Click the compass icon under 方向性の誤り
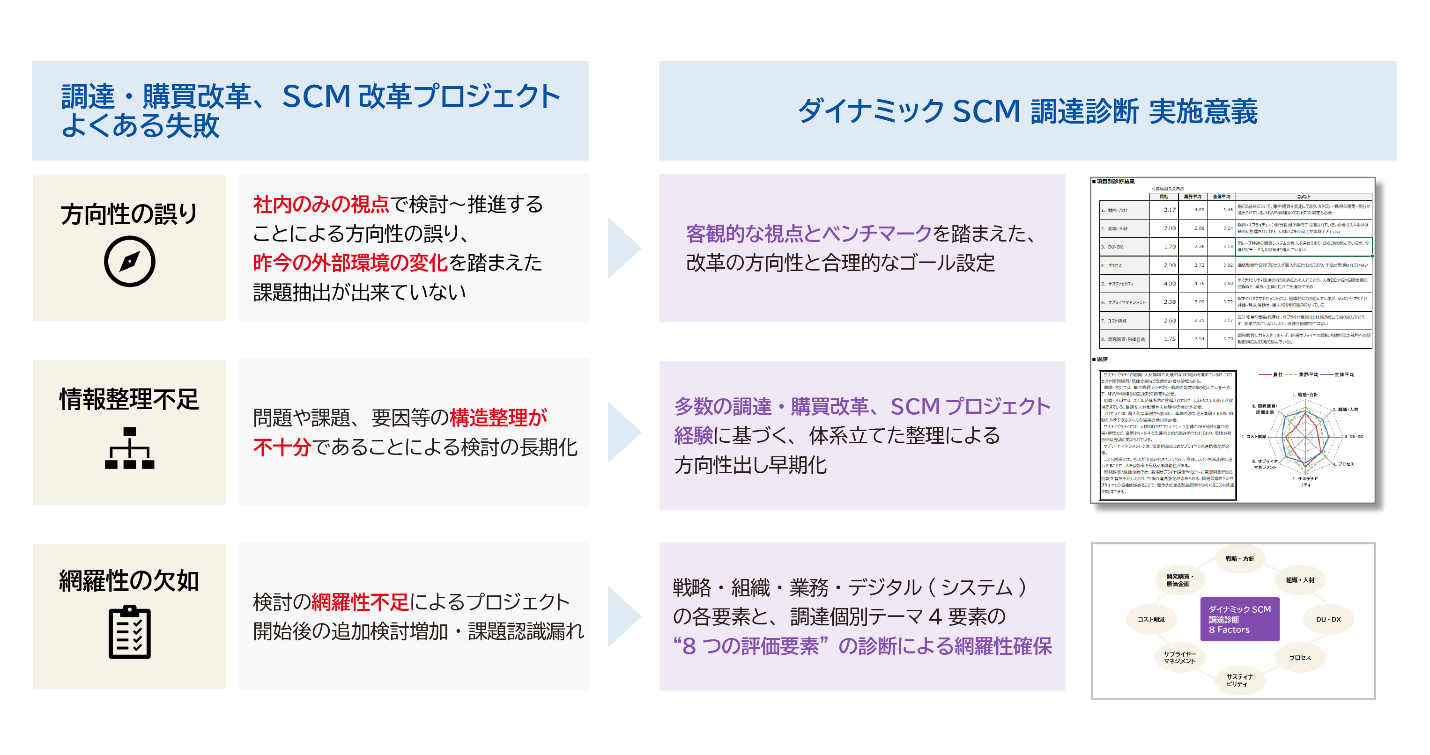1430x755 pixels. [x=129, y=261]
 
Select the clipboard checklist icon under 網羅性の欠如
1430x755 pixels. [x=129, y=632]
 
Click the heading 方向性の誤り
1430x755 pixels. [x=129, y=214]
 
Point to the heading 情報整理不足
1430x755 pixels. [x=129, y=399]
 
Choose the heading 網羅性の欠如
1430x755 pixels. [x=129, y=581]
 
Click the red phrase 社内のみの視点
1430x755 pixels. [x=321, y=205]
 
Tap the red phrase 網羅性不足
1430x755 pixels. [x=360, y=602]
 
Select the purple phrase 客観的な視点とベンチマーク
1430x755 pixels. [x=808, y=234]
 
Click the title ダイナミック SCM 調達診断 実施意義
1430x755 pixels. [x=1028, y=111]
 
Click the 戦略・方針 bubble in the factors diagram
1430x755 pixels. [x=1239, y=558]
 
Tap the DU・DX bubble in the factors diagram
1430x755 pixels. [x=1328, y=619]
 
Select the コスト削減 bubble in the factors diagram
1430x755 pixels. [x=1151, y=619]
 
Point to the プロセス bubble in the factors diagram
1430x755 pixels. [x=1299, y=657]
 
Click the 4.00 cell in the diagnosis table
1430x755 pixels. [x=1169, y=284]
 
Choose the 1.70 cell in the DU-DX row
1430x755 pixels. [x=1169, y=246]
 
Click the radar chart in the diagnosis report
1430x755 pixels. [x=1305, y=438]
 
